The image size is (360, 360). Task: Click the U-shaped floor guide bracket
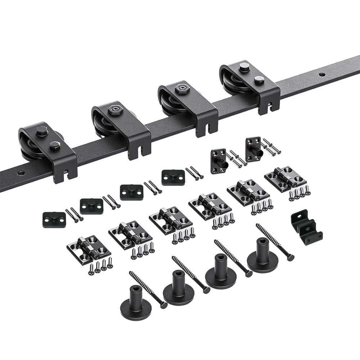point(306,228)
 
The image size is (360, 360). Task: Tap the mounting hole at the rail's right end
point(321,75)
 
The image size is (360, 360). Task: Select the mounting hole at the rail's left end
point(21,173)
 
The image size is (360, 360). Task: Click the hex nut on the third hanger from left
point(183,89)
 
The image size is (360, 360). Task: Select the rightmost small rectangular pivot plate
point(173,177)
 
